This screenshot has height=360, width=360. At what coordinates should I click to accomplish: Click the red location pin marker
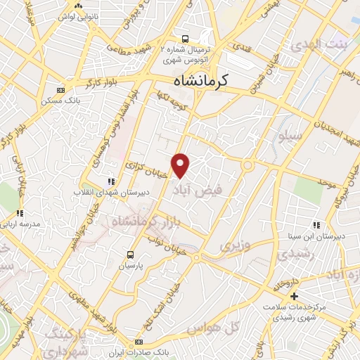click(x=181, y=165)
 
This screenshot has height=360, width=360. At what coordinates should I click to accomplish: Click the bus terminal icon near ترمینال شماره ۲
click(x=185, y=39)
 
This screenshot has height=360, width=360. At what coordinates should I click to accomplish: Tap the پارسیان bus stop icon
click(x=131, y=255)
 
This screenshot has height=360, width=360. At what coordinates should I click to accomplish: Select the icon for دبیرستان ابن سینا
click(x=317, y=226)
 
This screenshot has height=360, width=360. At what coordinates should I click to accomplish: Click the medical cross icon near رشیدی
click(x=294, y=296)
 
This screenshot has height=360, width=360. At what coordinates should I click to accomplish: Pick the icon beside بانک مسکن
click(x=60, y=90)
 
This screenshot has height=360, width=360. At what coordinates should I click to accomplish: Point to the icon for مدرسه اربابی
click(x=20, y=212)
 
